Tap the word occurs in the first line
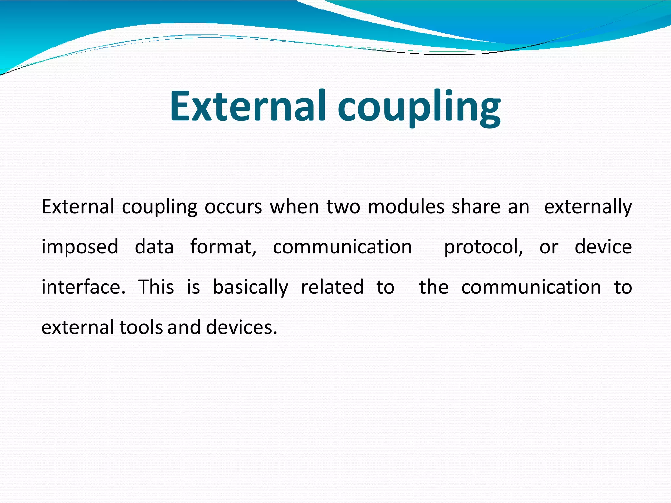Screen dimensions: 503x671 (x=233, y=207)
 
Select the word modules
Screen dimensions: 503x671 (x=406, y=207)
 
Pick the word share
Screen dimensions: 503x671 (x=476, y=207)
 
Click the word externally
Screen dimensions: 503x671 (x=588, y=207)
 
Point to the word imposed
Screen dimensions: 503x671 (x=80, y=247)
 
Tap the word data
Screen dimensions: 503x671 (x=154, y=247)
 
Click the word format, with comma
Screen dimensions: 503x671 (x=223, y=247)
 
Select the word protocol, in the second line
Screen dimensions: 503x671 (x=484, y=247)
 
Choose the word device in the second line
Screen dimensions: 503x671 (x=603, y=247)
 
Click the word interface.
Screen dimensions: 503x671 (x=84, y=287)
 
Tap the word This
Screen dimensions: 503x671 (x=156, y=287)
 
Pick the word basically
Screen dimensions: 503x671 (x=250, y=287)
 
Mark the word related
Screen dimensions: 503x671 (x=332, y=287)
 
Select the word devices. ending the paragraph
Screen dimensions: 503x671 (x=241, y=327)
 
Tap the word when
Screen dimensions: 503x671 (x=294, y=207)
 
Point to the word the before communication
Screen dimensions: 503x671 (x=433, y=287)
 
